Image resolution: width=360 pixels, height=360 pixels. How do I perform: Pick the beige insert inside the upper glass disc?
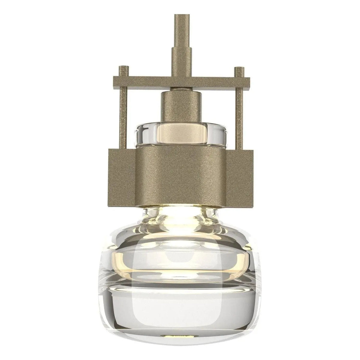[180, 132]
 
